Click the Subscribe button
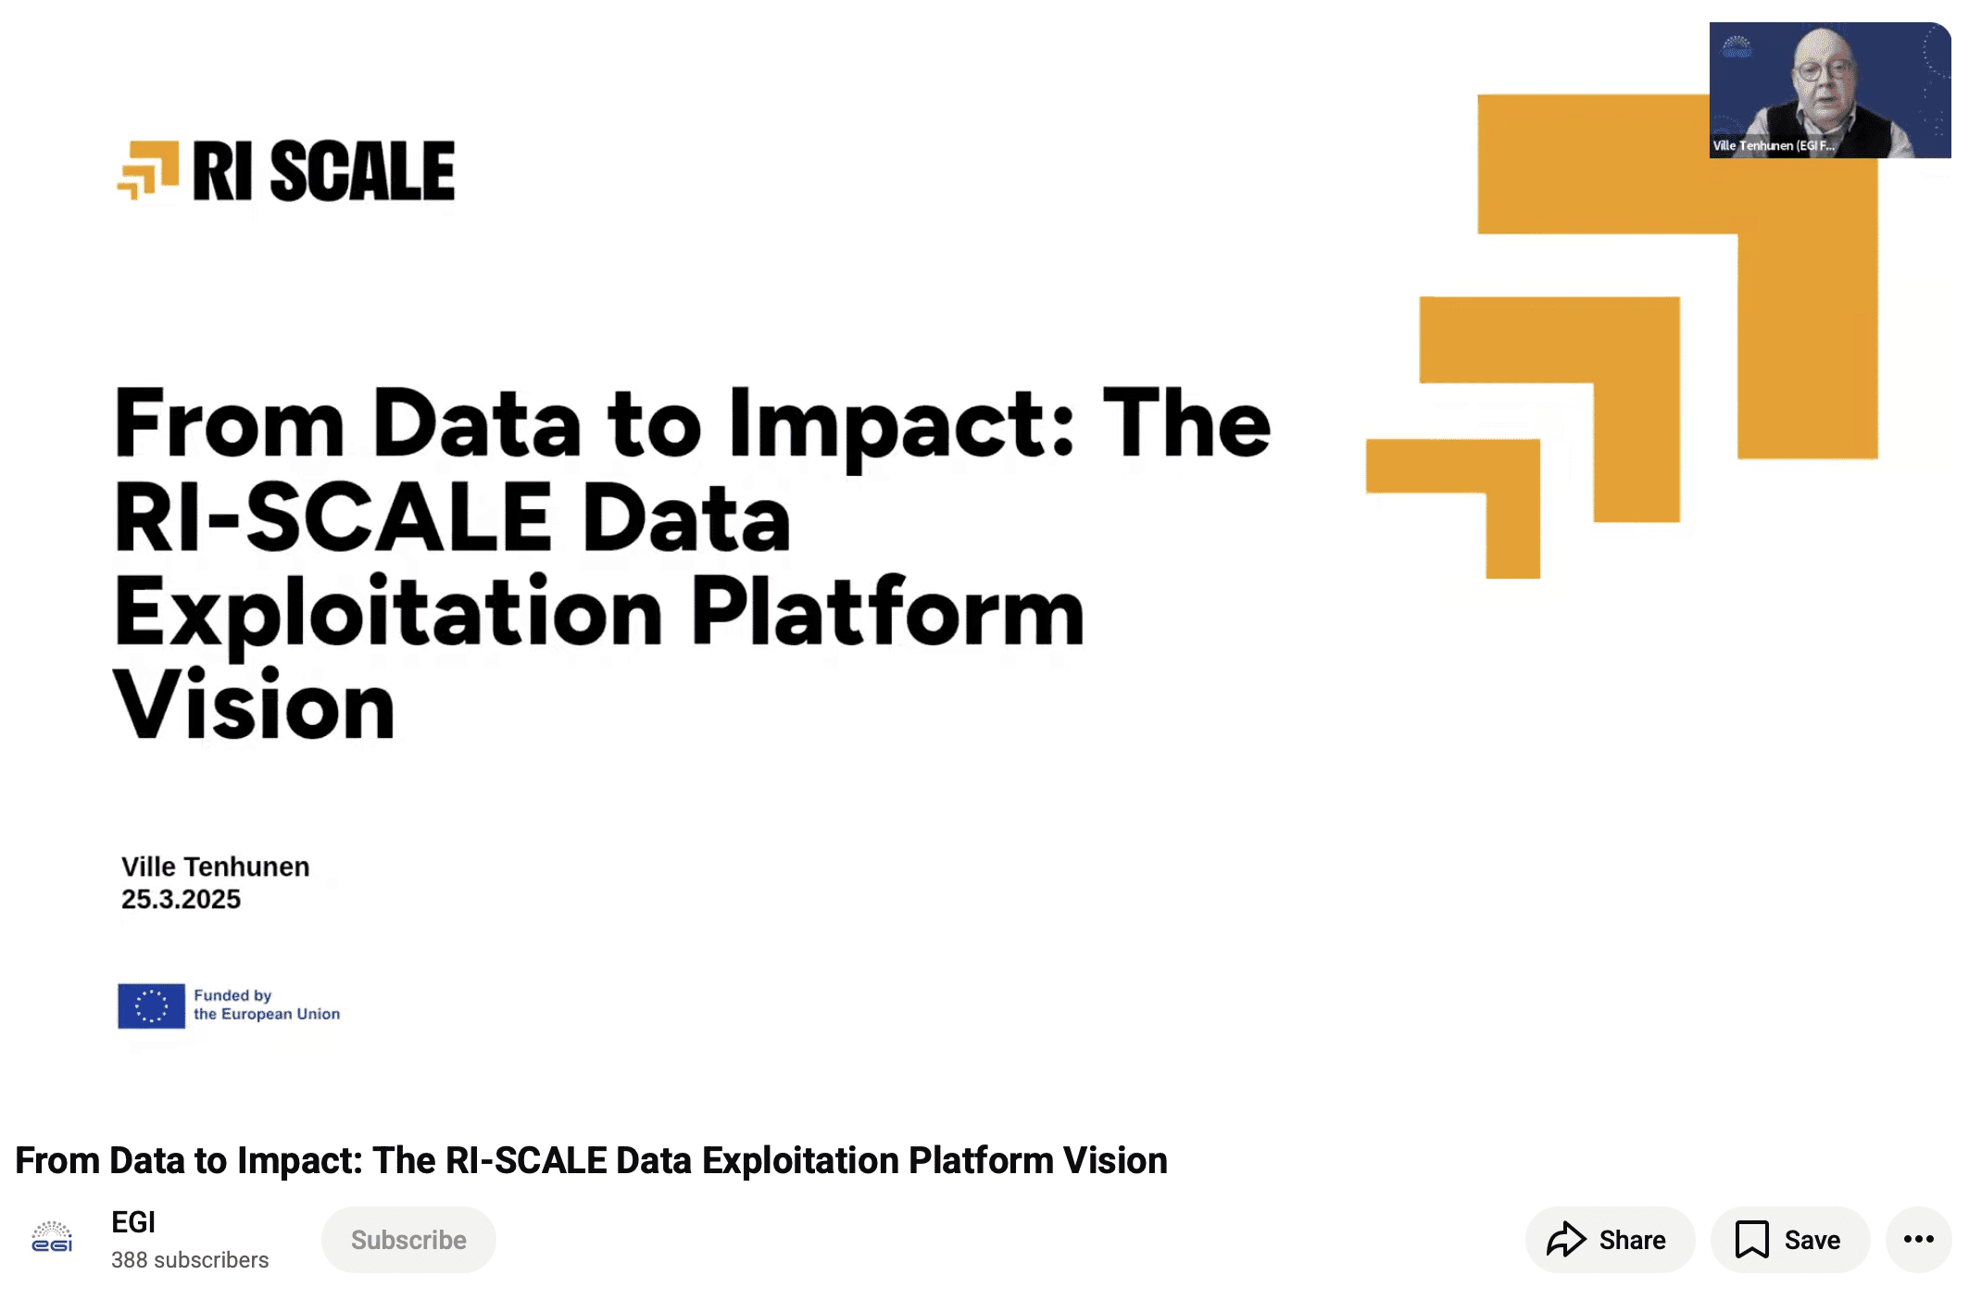(x=408, y=1239)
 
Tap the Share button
(x=1610, y=1239)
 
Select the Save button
(x=1789, y=1239)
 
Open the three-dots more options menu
(x=1918, y=1239)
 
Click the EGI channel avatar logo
(x=52, y=1237)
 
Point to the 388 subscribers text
(x=190, y=1260)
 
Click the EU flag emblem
(x=151, y=1006)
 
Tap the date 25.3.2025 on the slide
(x=181, y=899)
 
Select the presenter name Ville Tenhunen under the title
(x=216, y=867)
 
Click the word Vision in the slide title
(x=255, y=706)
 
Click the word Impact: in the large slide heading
(x=902, y=424)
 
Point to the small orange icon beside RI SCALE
(x=148, y=169)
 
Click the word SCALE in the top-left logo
(x=363, y=171)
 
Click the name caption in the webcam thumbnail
(x=1774, y=145)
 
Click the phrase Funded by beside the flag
(x=232, y=995)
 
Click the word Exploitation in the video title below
(x=801, y=1161)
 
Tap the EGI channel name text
(x=133, y=1222)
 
